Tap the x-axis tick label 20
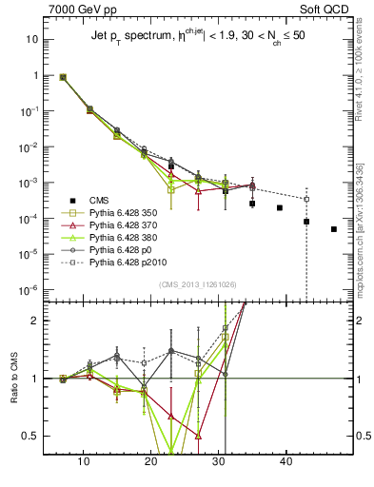[x=150, y=461]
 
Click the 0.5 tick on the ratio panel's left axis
[x=30, y=436]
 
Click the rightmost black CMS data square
[x=334, y=229]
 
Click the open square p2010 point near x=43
[x=306, y=199]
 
